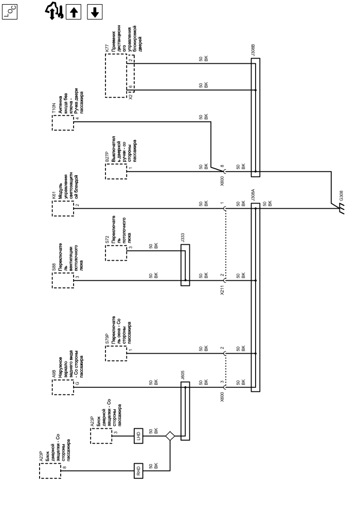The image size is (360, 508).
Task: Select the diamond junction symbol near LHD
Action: pyautogui.click(x=170, y=436)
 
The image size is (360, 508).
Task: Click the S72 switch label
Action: pyautogui.click(x=107, y=241)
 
